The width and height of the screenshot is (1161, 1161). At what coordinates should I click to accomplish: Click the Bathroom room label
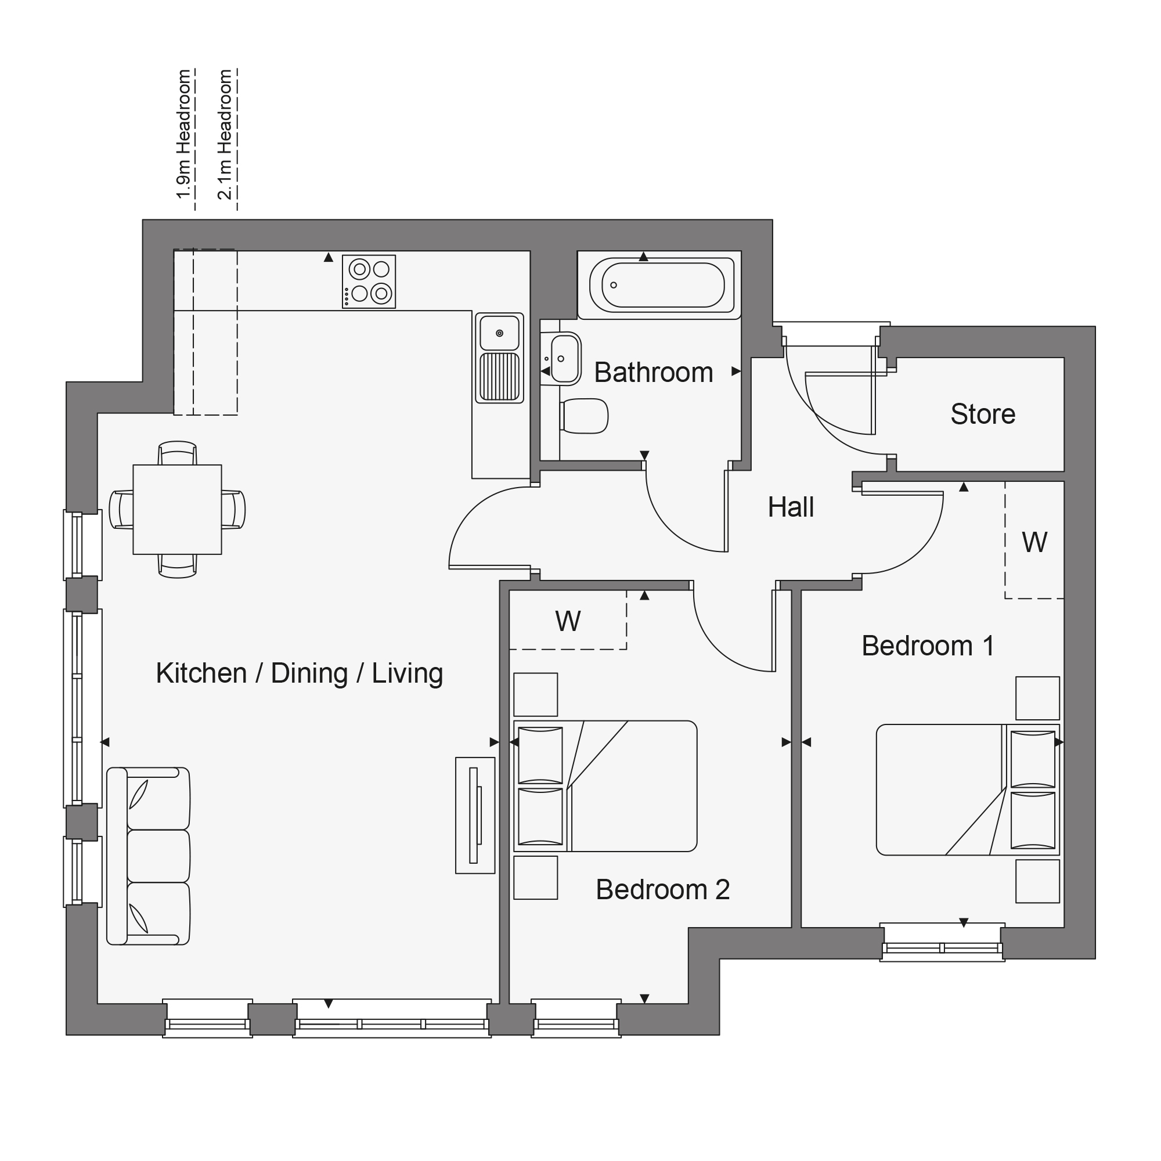tap(653, 373)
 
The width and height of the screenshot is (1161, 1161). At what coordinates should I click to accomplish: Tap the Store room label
tap(983, 414)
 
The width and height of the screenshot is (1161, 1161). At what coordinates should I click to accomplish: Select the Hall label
tap(791, 507)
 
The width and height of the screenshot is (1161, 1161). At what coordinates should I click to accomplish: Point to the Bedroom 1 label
tap(928, 646)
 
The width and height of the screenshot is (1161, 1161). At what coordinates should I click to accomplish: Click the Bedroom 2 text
tap(662, 889)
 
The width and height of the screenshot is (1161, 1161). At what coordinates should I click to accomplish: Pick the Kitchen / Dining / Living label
tap(300, 673)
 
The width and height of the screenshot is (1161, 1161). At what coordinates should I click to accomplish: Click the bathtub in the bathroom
tap(662, 285)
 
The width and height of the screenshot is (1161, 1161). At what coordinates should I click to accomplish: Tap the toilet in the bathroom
tap(583, 416)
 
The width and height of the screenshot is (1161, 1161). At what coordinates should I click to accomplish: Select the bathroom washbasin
tap(565, 359)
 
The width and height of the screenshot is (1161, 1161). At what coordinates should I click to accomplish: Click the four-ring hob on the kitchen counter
tap(369, 282)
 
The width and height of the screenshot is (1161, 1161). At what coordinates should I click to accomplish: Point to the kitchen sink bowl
tap(499, 332)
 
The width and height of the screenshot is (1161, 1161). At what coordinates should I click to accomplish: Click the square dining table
tap(177, 510)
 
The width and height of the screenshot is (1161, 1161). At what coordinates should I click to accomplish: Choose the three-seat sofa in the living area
tap(149, 856)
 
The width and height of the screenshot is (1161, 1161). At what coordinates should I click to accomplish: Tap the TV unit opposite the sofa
tap(475, 816)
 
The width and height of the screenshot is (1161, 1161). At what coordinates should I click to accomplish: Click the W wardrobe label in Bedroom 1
tap(1034, 543)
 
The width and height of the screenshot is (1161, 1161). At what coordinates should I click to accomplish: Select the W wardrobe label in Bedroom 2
tap(568, 621)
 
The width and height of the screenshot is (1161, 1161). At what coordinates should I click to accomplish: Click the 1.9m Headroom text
tap(183, 134)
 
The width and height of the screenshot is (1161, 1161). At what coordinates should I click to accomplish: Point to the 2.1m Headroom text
tap(225, 134)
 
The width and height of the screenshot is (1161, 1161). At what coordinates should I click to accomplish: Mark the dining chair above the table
tap(177, 453)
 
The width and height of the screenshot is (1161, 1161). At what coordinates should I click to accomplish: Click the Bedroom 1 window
tap(942, 943)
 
